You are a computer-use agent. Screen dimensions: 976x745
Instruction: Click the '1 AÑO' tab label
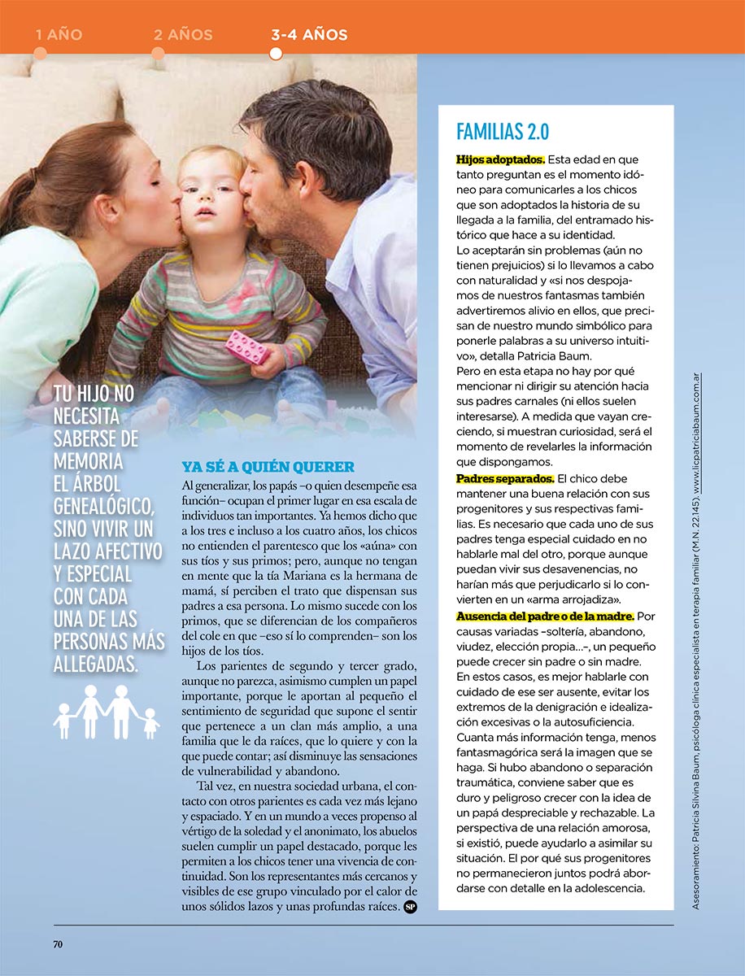(59, 35)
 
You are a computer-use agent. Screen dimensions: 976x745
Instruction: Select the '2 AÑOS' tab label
(183, 35)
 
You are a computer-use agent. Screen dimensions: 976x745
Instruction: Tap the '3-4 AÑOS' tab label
(309, 35)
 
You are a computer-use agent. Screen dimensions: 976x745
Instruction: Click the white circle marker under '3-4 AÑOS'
(276, 54)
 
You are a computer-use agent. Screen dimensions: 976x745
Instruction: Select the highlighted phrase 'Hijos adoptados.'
(500, 159)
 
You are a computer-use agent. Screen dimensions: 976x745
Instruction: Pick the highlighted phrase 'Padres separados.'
(505, 478)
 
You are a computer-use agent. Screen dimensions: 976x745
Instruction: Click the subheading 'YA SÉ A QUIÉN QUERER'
(268, 467)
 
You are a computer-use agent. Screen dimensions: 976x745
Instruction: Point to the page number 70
(59, 944)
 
